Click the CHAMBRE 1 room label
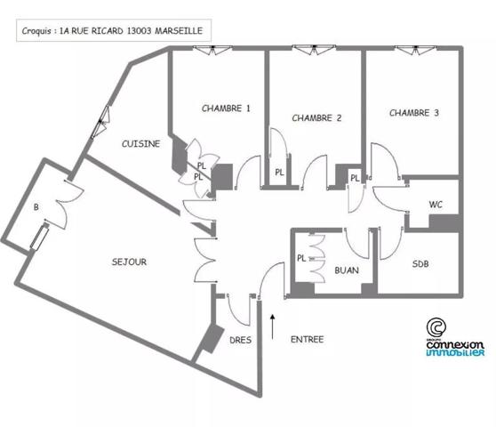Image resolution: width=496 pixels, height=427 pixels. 226,109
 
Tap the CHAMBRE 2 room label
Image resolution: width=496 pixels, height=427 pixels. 316,118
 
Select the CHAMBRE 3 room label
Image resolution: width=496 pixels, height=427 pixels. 414,113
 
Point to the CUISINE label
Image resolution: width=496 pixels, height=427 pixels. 141,144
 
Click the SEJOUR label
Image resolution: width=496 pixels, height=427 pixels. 130,262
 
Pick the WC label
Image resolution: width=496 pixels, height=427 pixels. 436,205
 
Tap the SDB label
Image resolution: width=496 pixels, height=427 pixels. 420,264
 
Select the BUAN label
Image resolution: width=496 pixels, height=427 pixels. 347,270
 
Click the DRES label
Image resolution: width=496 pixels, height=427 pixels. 240,341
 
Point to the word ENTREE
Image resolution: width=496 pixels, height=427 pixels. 308,340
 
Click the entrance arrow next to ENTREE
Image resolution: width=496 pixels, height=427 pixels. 272,327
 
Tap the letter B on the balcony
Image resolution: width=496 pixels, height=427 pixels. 36,207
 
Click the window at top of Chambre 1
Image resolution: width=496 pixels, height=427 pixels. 212,50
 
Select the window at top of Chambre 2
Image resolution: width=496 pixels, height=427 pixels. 314,49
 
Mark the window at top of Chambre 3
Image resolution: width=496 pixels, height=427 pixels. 416,49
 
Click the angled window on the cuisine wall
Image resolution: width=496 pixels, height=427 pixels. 100,122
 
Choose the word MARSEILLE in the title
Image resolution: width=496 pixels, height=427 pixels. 179,31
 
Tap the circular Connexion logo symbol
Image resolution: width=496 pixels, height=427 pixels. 436,327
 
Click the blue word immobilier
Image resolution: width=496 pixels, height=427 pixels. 455,352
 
